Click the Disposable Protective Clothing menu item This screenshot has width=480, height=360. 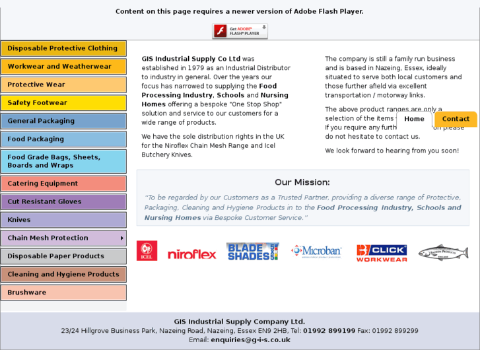click(x=63, y=48)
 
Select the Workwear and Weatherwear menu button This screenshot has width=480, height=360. click(x=63, y=67)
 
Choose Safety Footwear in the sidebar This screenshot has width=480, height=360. click(x=63, y=103)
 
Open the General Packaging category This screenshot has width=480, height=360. click(x=63, y=121)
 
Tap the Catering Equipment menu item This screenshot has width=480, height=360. click(x=63, y=184)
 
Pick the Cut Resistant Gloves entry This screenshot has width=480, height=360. click(x=63, y=201)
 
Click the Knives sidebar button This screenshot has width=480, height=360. click(x=63, y=220)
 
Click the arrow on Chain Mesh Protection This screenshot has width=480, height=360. click(x=122, y=238)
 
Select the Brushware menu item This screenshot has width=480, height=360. click(x=63, y=292)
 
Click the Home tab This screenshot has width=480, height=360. click(x=414, y=119)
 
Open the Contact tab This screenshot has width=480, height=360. click(x=456, y=119)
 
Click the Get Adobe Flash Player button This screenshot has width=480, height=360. click(x=240, y=31)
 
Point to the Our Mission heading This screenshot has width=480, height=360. click(x=302, y=182)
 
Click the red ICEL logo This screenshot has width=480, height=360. click(x=147, y=251)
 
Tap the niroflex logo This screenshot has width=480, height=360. click(x=191, y=254)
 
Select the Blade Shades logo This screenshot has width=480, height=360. click(x=252, y=252)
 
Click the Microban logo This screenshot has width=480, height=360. click(x=316, y=251)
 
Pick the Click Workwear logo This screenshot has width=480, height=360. click(x=382, y=253)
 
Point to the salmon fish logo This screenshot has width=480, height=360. click(x=443, y=252)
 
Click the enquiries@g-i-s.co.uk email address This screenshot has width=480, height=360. click(x=250, y=340)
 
